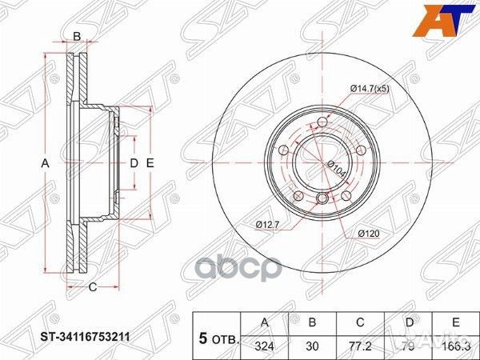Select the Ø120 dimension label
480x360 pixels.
pyautogui.click(x=370, y=233)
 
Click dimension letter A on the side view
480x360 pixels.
pyautogui.click(x=46, y=163)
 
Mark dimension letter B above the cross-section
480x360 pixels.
pyautogui.click(x=77, y=36)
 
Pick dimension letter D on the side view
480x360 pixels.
pyautogui.click(x=134, y=163)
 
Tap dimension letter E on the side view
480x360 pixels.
pyautogui.click(x=150, y=163)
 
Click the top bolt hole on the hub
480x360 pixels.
pyautogui.click(x=321, y=122)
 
